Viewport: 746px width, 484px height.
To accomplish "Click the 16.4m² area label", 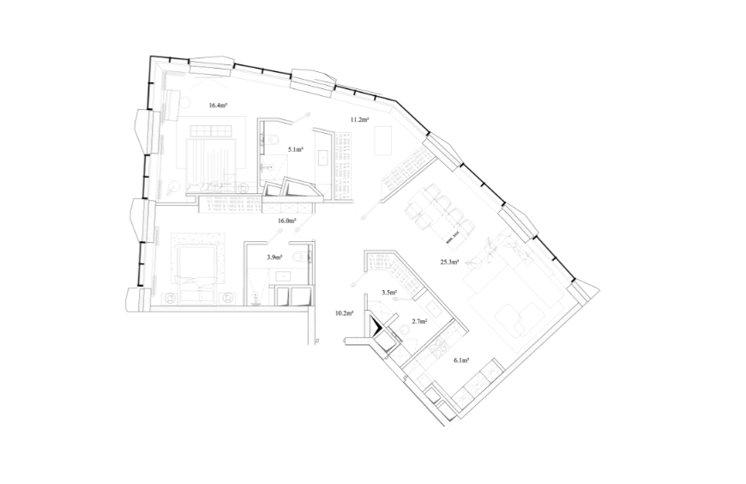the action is click(217, 106).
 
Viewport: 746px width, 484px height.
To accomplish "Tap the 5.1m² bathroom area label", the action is click(296, 149).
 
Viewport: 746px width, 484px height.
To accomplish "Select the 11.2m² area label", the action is click(359, 119).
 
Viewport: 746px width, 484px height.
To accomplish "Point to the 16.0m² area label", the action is click(287, 221).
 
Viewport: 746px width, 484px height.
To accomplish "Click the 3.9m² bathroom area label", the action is click(274, 257).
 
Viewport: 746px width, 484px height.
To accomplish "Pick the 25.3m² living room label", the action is click(449, 262).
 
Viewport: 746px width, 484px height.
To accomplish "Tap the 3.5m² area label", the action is click(389, 293).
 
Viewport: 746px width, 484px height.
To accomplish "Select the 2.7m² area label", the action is click(419, 322).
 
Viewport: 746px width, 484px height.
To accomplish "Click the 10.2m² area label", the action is click(344, 313).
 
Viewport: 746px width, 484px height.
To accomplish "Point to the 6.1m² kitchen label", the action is click(461, 360).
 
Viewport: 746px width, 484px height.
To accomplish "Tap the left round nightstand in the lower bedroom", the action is click(170, 299).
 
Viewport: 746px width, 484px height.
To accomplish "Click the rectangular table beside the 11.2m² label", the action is click(383, 140).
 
